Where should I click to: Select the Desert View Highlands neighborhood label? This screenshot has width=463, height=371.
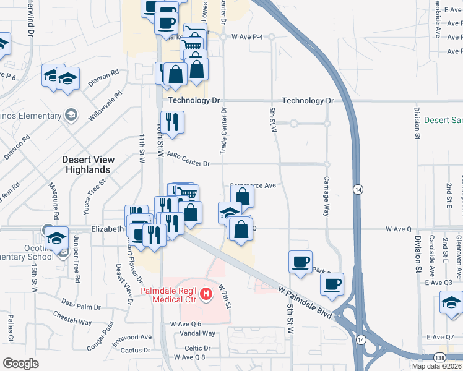[88, 164]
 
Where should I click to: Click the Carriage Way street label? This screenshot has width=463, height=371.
[326, 196]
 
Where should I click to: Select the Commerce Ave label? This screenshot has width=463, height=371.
[253, 185]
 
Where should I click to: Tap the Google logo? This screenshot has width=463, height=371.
[20, 363]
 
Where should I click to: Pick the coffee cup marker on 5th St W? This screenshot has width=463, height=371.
[300, 261]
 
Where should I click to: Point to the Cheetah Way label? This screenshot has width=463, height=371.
[72, 322]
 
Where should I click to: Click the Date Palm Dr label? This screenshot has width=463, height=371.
[81, 307]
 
